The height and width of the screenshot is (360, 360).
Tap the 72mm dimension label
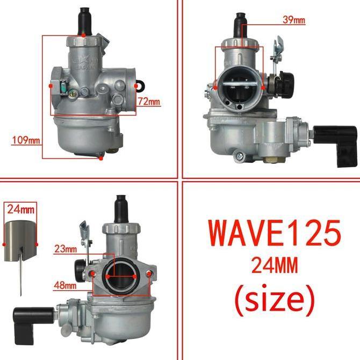149,101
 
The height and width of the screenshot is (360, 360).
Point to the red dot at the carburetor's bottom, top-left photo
102,158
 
